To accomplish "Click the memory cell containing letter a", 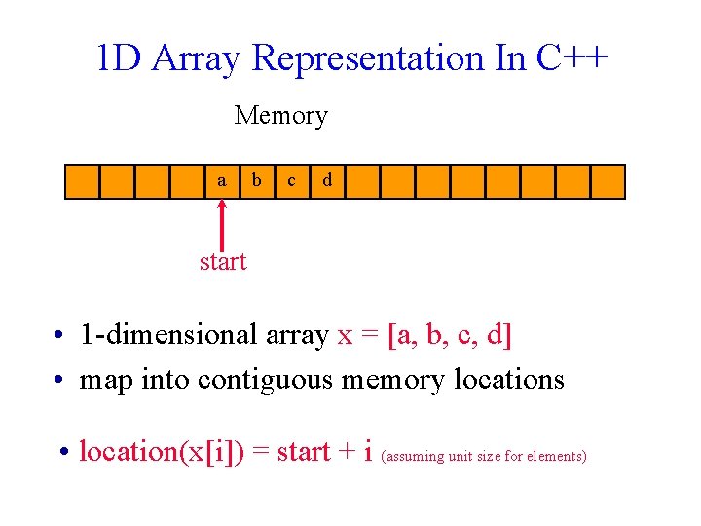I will click(x=222, y=181).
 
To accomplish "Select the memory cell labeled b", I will click(x=257, y=181).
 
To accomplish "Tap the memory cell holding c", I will click(x=291, y=181).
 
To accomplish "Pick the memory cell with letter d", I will click(x=327, y=181).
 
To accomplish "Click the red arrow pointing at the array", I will click(x=223, y=223).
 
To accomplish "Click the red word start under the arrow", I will click(x=223, y=261).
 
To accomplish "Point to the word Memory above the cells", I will click(x=280, y=116).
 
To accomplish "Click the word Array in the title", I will click(x=195, y=59).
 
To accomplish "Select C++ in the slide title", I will click(x=572, y=58).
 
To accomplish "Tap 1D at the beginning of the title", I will click(x=119, y=59).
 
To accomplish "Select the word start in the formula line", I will click(x=303, y=453).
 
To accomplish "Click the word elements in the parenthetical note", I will click(x=556, y=456).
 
